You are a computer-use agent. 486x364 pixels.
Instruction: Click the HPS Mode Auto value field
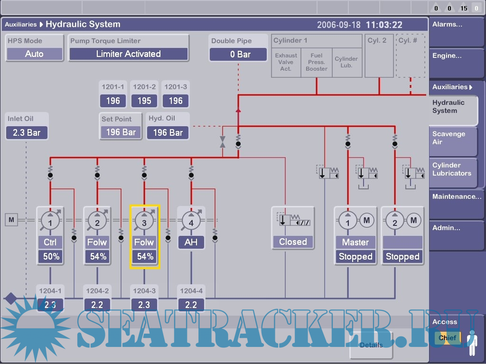34,54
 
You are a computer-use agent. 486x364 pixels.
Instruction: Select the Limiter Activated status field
129,54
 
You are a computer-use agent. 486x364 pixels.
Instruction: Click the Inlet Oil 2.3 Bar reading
27,132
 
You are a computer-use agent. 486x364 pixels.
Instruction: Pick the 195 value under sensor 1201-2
144,101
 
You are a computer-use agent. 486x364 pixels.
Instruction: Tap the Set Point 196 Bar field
121,132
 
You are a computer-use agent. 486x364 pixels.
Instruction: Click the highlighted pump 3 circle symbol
144,221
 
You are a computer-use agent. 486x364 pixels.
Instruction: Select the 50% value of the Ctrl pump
50,257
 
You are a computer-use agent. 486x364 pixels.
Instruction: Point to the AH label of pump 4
191,243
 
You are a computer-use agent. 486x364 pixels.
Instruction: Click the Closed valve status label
293,242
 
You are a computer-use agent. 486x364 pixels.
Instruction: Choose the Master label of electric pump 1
355,243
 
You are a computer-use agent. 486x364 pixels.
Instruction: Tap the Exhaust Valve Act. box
286,62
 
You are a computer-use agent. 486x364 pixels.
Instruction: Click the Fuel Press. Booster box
317,62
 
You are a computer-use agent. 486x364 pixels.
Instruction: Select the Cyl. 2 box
379,56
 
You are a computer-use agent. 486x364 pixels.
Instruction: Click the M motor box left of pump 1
11,220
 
